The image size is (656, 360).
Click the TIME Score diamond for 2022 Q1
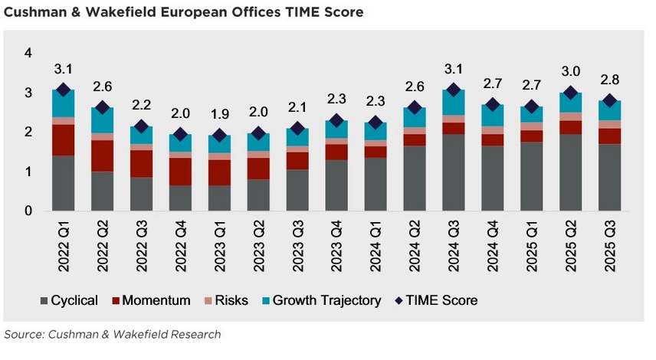point(63,90)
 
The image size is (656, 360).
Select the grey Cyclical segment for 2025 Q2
point(570,172)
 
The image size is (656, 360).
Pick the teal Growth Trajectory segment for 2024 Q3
point(453,103)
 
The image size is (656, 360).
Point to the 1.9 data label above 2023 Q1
point(219,115)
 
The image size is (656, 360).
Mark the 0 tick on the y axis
point(28,211)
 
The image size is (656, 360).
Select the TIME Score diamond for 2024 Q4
point(492,105)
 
